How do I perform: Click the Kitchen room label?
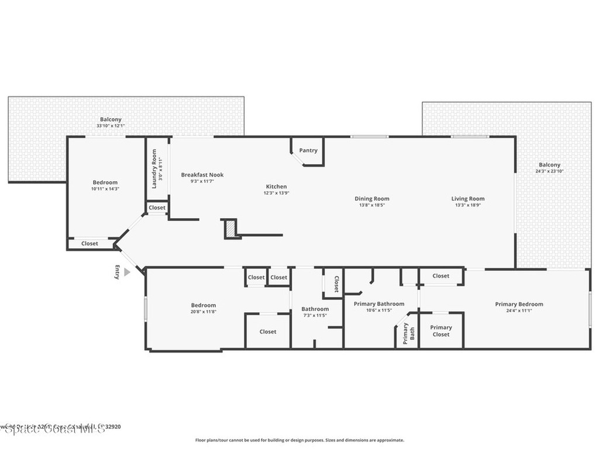pyautogui.click(x=276, y=186)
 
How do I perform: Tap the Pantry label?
pyautogui.click(x=308, y=150)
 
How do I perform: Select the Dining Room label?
pyautogui.click(x=372, y=199)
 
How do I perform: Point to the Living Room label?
pyautogui.click(x=468, y=199)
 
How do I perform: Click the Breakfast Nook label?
pyautogui.click(x=202, y=175)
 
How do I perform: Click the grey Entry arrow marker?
pyautogui.click(x=127, y=272)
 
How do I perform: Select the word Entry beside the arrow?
pyautogui.click(x=118, y=272)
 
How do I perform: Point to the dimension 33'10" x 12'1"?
pyautogui.click(x=111, y=126)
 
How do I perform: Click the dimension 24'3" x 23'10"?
pyautogui.click(x=549, y=172)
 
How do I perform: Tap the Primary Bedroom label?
pyautogui.click(x=519, y=304)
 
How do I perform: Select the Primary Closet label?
pyautogui.click(x=441, y=331)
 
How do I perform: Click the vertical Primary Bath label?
pyautogui.click(x=408, y=332)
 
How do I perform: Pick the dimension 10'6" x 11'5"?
pyautogui.click(x=378, y=310)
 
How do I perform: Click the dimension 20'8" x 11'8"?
pyautogui.click(x=204, y=312)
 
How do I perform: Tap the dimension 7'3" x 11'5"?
pyautogui.click(x=315, y=316)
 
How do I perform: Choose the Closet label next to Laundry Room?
pyautogui.click(x=157, y=208)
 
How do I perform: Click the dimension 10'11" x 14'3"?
pyautogui.click(x=105, y=189)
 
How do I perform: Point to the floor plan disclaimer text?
pyautogui.click(x=299, y=440)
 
